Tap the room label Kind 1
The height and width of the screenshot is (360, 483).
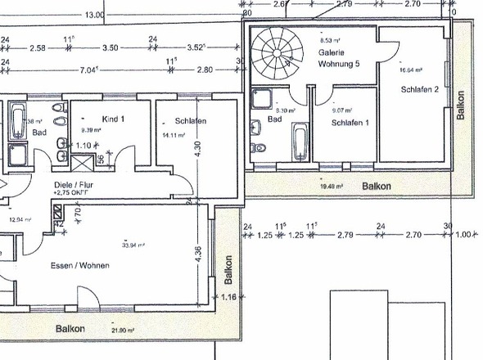click(x=114, y=119)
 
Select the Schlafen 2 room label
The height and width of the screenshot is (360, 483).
click(x=418, y=88)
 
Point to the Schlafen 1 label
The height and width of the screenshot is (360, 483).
click(x=349, y=122)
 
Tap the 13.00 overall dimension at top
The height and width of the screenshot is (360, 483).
click(x=94, y=15)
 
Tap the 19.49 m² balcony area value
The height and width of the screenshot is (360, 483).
click(x=331, y=186)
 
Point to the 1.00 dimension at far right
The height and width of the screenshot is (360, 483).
click(x=464, y=235)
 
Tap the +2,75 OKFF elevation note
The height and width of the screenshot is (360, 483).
click(x=71, y=195)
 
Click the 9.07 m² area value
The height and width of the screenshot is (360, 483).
click(x=341, y=110)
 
